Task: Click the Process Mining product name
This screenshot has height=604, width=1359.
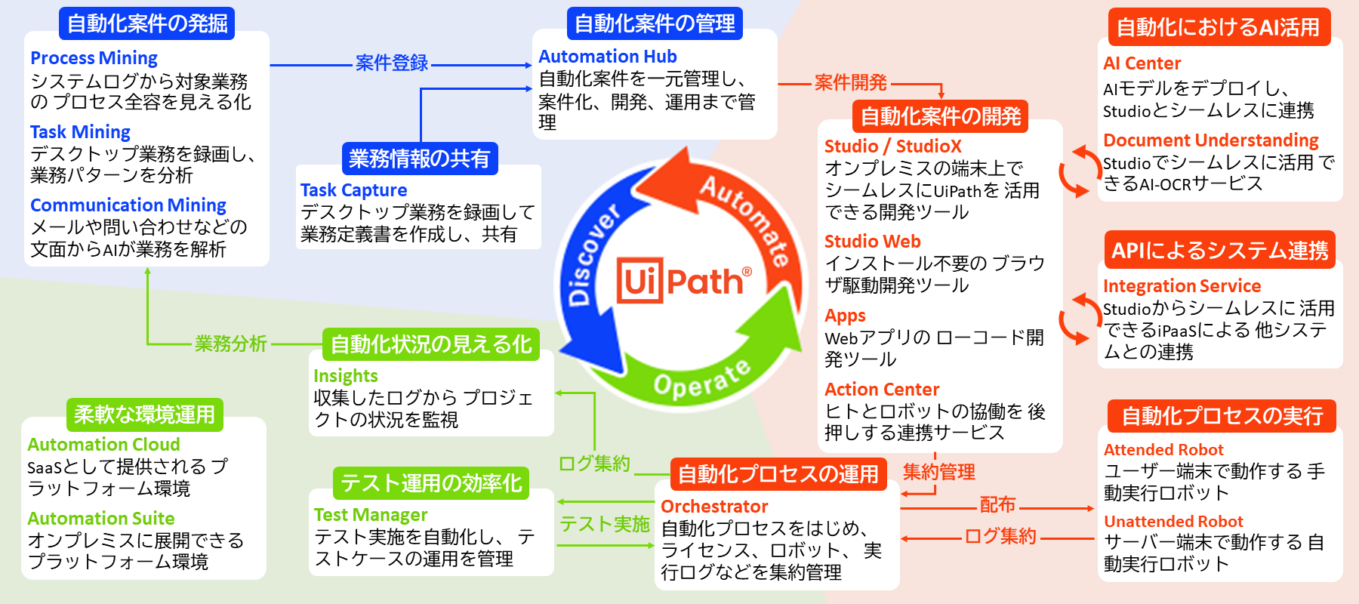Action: [94, 58]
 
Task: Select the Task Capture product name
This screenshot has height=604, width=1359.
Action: [353, 190]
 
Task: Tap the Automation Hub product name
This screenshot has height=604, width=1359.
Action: [607, 57]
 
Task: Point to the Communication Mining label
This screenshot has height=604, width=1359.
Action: [128, 205]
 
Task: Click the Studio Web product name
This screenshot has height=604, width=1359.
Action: [872, 242]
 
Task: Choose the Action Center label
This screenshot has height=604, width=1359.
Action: [882, 390]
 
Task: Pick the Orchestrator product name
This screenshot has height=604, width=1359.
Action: [714, 507]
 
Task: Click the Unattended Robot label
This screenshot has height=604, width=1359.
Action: [1173, 522]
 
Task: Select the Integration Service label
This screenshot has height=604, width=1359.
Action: [1182, 286]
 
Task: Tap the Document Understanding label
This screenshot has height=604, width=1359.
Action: [1210, 140]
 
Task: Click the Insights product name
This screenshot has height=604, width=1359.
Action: [345, 376]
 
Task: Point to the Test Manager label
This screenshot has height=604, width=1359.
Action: [371, 515]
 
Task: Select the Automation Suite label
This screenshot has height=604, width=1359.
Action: [101, 519]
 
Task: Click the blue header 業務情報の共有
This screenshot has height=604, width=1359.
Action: [420, 159]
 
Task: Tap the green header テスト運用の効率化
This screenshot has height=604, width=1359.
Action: [431, 483]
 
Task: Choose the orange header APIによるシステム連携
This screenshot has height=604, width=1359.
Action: [1219, 250]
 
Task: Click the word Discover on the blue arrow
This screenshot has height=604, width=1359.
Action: [593, 253]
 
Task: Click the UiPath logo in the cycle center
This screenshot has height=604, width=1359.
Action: [684, 281]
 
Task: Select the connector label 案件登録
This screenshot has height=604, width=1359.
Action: [391, 63]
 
